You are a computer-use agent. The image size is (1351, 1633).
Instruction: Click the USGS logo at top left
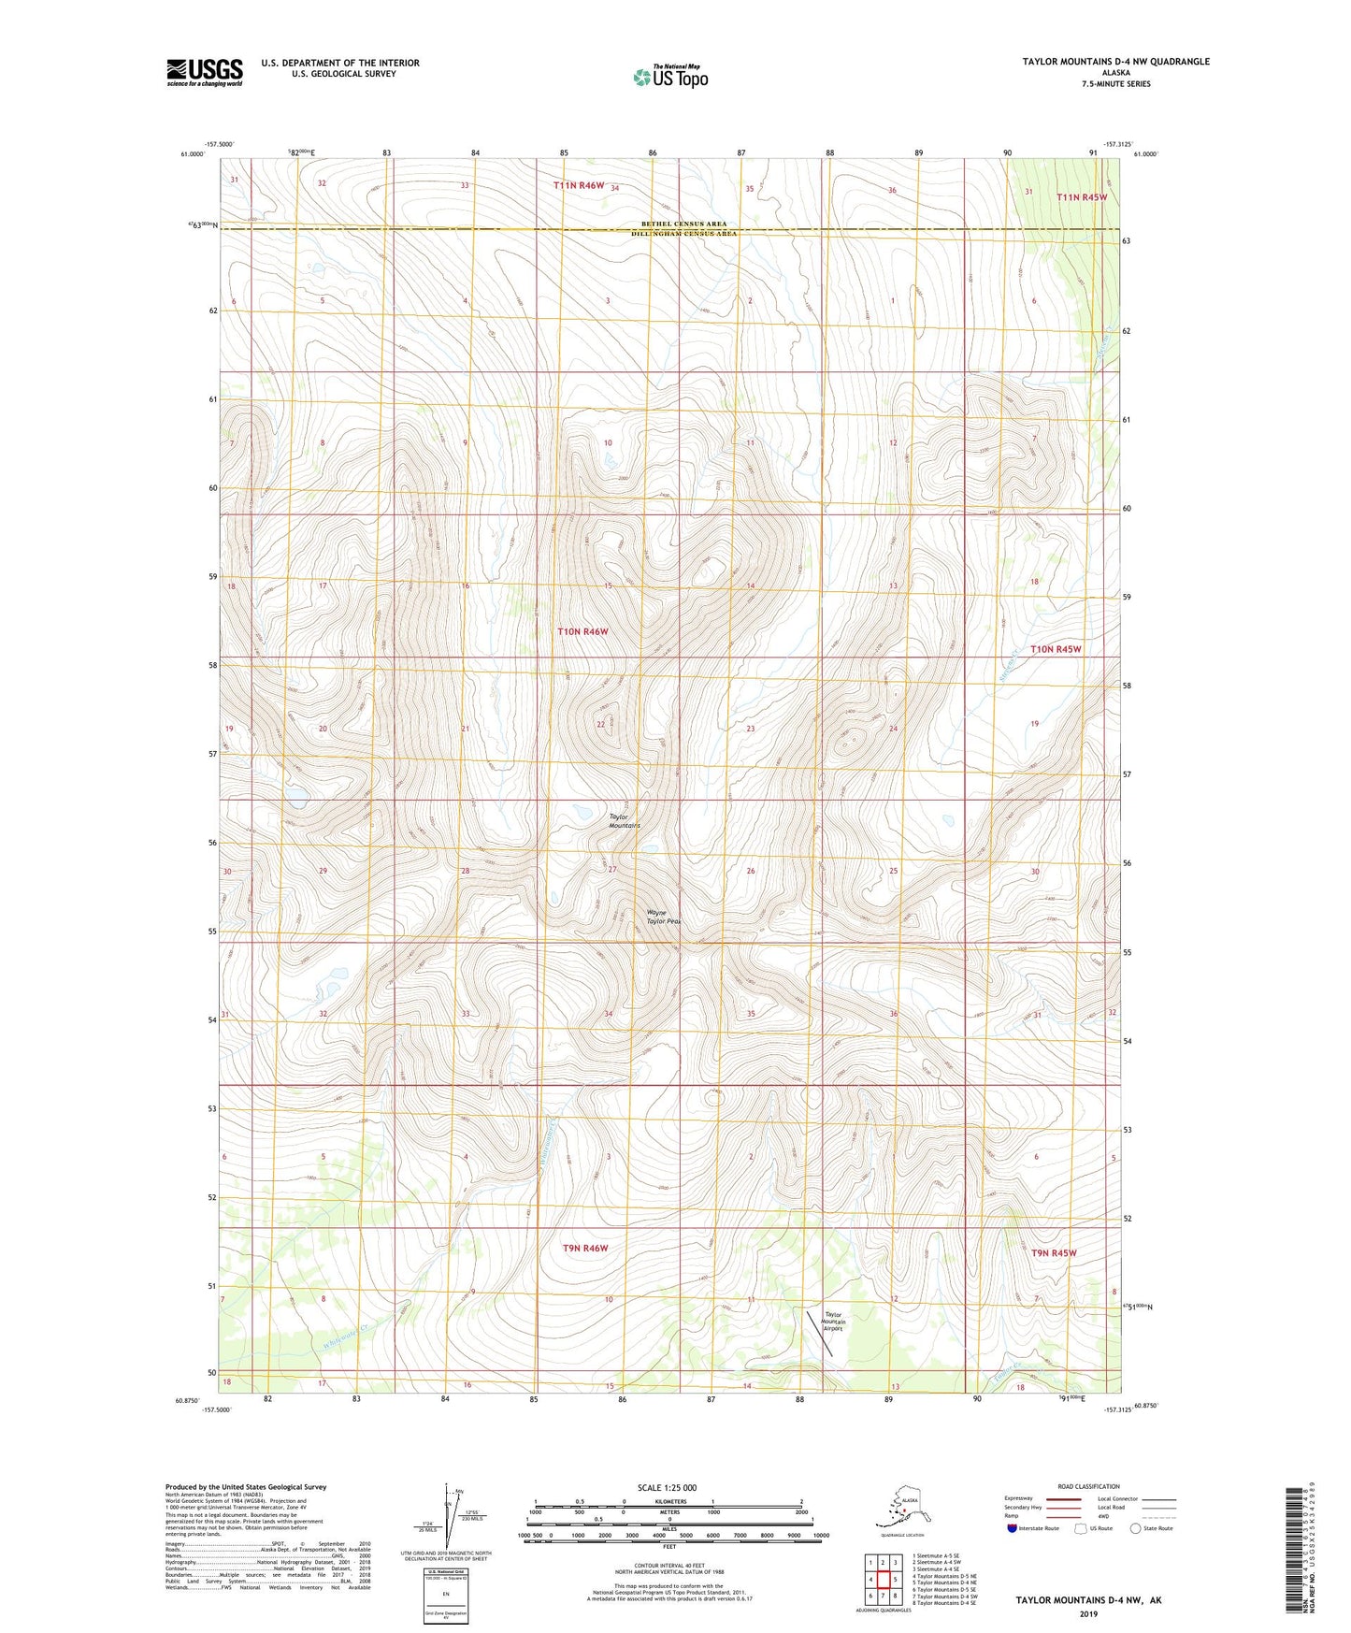pos(204,72)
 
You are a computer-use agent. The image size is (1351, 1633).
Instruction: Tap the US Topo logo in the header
pos(669,77)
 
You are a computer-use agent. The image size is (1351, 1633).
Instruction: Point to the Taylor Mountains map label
pos(624,821)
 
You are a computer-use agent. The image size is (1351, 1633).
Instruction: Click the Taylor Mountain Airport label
pos(833,1321)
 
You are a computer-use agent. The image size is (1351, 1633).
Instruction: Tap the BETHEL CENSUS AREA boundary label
pos(683,224)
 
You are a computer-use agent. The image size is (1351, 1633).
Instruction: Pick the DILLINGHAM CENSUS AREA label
pos(683,234)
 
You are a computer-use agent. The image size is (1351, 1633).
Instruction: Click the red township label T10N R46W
pos(582,632)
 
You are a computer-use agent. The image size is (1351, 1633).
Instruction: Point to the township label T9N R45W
pos(1053,1252)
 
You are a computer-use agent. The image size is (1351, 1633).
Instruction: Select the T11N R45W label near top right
pos(1081,197)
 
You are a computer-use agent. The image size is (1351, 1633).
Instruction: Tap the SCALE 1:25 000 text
pos(667,1488)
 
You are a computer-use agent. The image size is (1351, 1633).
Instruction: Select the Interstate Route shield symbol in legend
pos(1013,1529)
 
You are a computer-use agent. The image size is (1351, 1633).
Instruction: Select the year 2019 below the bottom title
pos(1088,1613)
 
